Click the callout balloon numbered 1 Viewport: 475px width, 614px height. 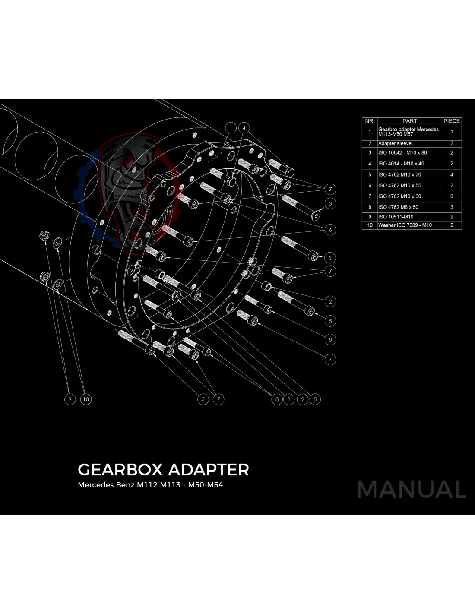click(231, 128)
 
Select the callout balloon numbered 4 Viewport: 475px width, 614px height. click(244, 128)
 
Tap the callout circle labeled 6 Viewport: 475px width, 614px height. click(330, 230)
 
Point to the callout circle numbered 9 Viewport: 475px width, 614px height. click(70, 399)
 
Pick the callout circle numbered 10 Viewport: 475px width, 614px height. click(86, 399)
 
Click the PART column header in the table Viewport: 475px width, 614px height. click(409, 121)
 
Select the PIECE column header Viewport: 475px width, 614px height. click(452, 121)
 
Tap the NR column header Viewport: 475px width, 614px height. click(369, 121)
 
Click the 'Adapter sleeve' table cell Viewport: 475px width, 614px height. click(395, 143)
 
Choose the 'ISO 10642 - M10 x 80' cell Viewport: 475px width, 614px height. click(402, 153)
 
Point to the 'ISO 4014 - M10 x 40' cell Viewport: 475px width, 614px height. click(401, 164)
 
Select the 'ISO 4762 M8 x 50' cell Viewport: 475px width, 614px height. click(398, 207)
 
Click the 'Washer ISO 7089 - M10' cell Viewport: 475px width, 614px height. click(405, 225)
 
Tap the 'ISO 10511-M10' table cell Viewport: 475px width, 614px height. click(396, 217)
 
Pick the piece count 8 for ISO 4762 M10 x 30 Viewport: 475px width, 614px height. click(452, 196)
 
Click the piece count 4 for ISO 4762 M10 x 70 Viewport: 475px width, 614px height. click(452, 175)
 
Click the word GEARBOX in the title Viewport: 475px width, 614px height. click(120, 470)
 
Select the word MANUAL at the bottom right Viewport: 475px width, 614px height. click(412, 490)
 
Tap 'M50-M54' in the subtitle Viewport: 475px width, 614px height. click(206, 485)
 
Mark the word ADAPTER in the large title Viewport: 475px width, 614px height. click(208, 470)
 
